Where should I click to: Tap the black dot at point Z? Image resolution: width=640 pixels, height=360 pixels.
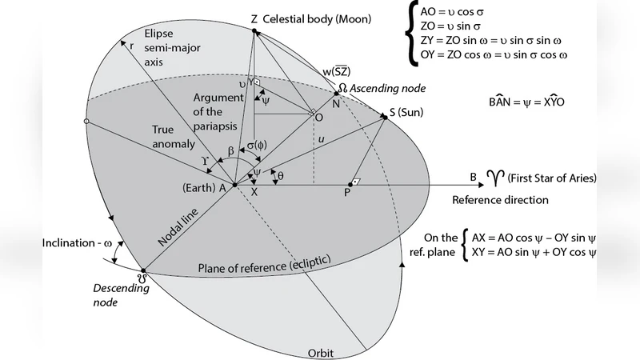point(254,30)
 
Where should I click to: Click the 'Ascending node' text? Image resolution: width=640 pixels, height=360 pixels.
point(390,87)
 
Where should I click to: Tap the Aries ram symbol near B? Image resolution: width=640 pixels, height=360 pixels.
point(498,177)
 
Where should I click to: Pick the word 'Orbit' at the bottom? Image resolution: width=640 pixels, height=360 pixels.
point(321,352)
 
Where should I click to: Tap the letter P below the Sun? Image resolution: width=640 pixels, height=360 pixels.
point(347,192)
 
